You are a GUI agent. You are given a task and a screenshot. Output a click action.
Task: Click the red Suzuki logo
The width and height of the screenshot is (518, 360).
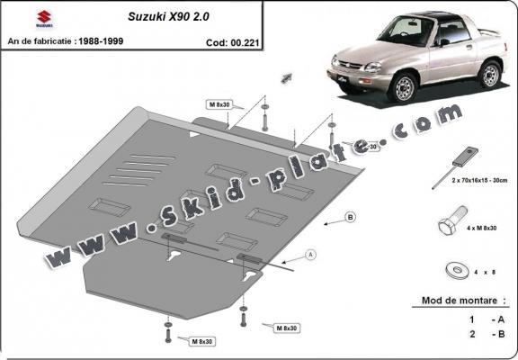[x=17, y=18]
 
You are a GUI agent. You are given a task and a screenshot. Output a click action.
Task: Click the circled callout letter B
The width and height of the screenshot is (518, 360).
[x=350, y=217]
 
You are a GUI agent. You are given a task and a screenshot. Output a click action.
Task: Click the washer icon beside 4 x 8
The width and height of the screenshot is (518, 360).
[x=452, y=269]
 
